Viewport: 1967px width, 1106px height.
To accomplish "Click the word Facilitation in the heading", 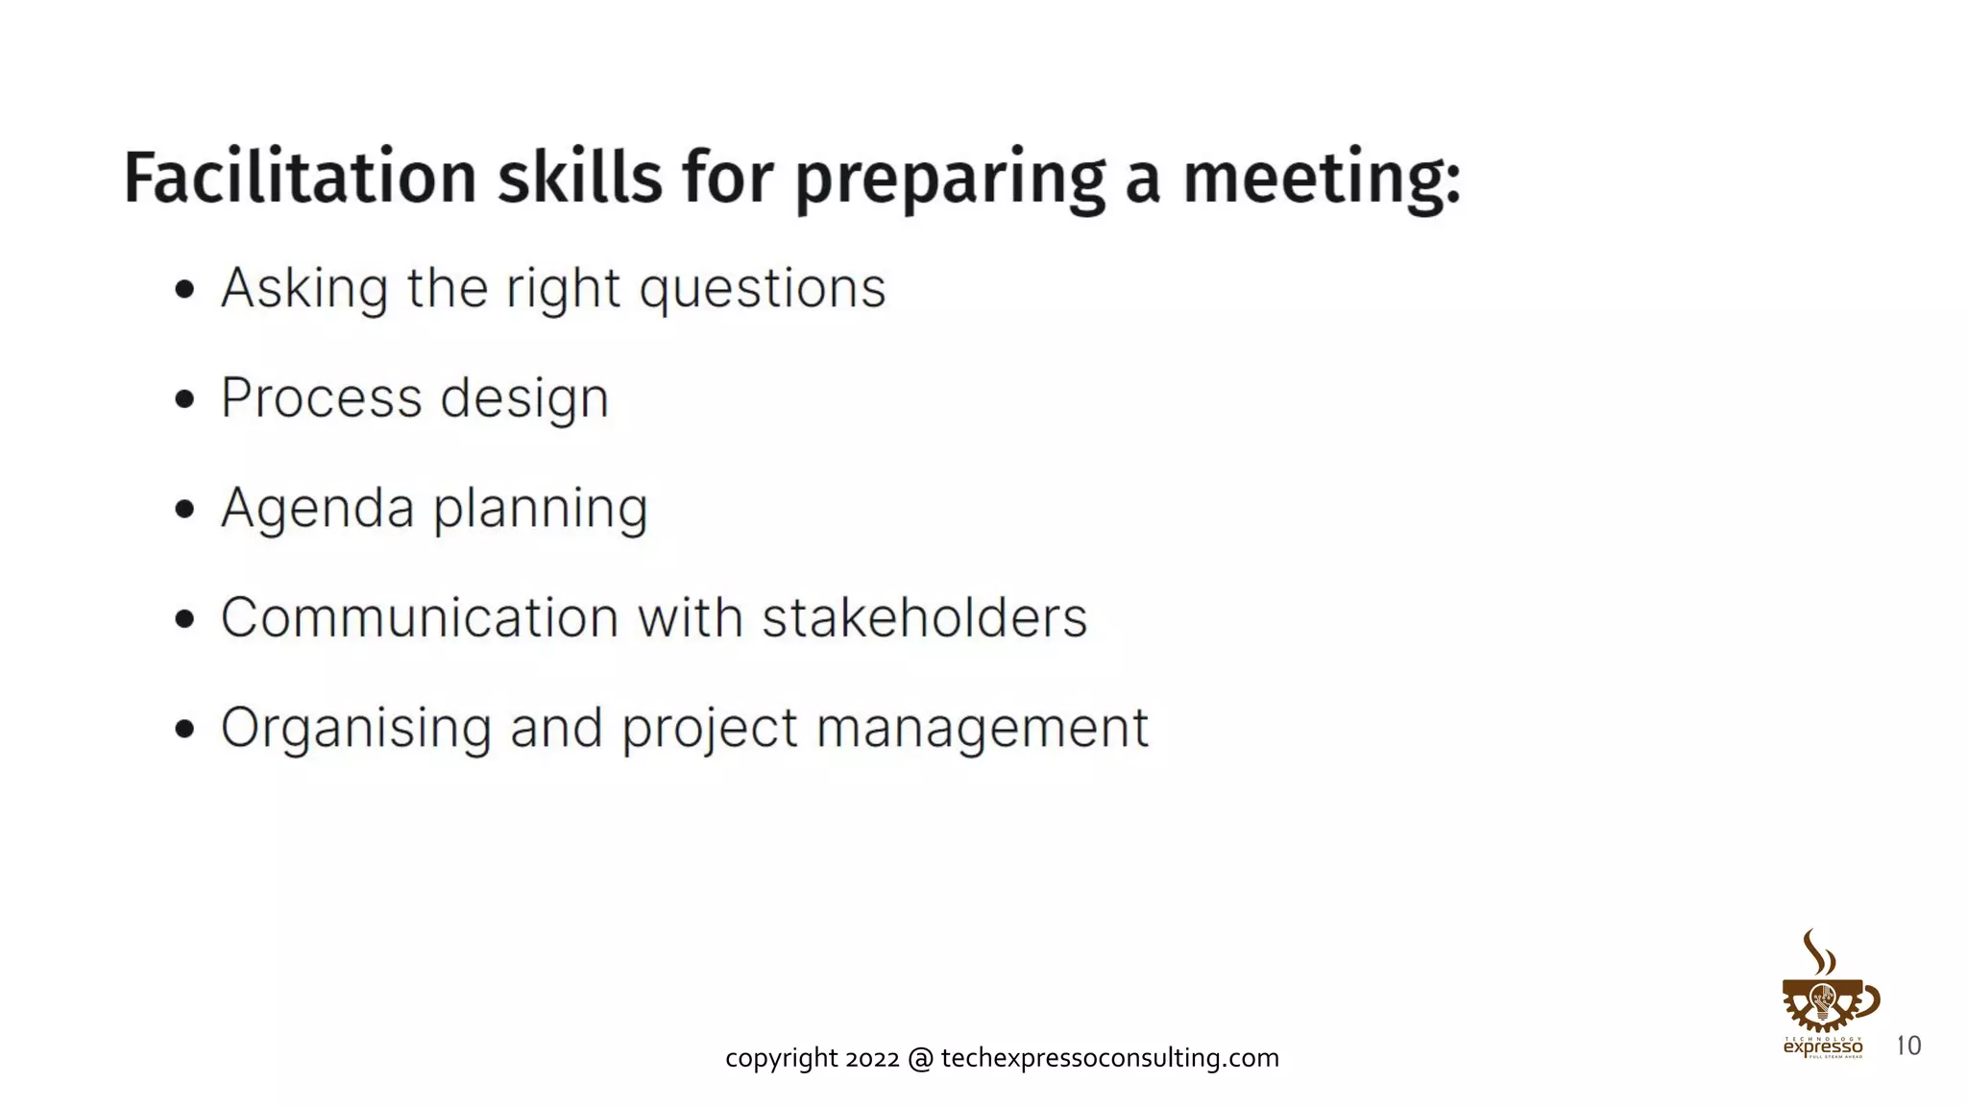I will click(300, 178).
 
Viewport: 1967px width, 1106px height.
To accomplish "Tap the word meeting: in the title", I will click(1322, 178).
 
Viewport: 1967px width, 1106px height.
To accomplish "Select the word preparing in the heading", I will click(950, 180).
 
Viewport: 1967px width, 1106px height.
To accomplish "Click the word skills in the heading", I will click(579, 178).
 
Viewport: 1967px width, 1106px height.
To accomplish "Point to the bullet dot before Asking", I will click(185, 289).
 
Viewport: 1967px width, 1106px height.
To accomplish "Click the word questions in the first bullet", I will click(763, 289).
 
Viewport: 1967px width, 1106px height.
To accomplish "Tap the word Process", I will click(321, 397).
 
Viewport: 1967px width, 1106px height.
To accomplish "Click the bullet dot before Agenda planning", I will click(185, 509).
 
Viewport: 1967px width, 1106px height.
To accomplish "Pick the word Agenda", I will click(317, 508).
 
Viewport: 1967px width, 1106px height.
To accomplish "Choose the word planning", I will click(540, 510).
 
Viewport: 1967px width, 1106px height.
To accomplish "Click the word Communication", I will click(420, 617).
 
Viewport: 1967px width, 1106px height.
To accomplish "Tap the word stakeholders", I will click(924, 617).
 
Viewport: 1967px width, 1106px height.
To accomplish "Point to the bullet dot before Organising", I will click(185, 729).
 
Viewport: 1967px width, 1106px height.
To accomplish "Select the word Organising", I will click(356, 729).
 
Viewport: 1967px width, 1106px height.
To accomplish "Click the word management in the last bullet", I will click(982, 729).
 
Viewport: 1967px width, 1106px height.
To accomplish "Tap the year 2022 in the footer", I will click(872, 1058).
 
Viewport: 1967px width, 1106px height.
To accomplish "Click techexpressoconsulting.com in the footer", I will click(1109, 1058).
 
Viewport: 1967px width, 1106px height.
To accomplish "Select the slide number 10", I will click(1908, 1046).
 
